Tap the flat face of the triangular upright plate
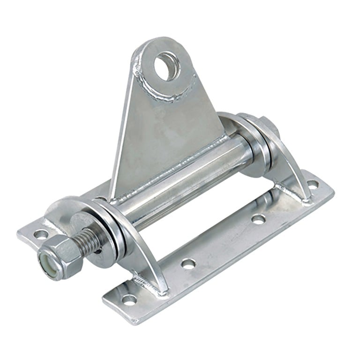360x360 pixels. pyautogui.click(x=162, y=127)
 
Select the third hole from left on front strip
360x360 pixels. pyautogui.click(x=257, y=218)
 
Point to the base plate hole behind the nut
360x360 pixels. pyautogui.click(x=41, y=233)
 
